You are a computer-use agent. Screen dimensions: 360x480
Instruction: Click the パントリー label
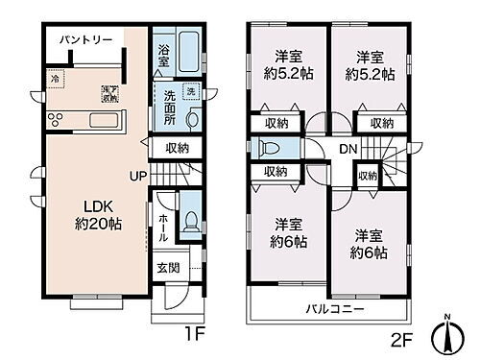click(86, 39)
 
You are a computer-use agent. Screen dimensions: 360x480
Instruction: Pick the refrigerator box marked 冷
click(55, 80)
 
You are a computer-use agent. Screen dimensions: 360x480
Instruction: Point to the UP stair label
click(140, 175)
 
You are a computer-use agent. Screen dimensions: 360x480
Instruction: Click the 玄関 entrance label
click(168, 268)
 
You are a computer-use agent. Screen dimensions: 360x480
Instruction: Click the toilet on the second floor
click(269, 150)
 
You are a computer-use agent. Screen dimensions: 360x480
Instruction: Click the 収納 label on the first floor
click(176, 148)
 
